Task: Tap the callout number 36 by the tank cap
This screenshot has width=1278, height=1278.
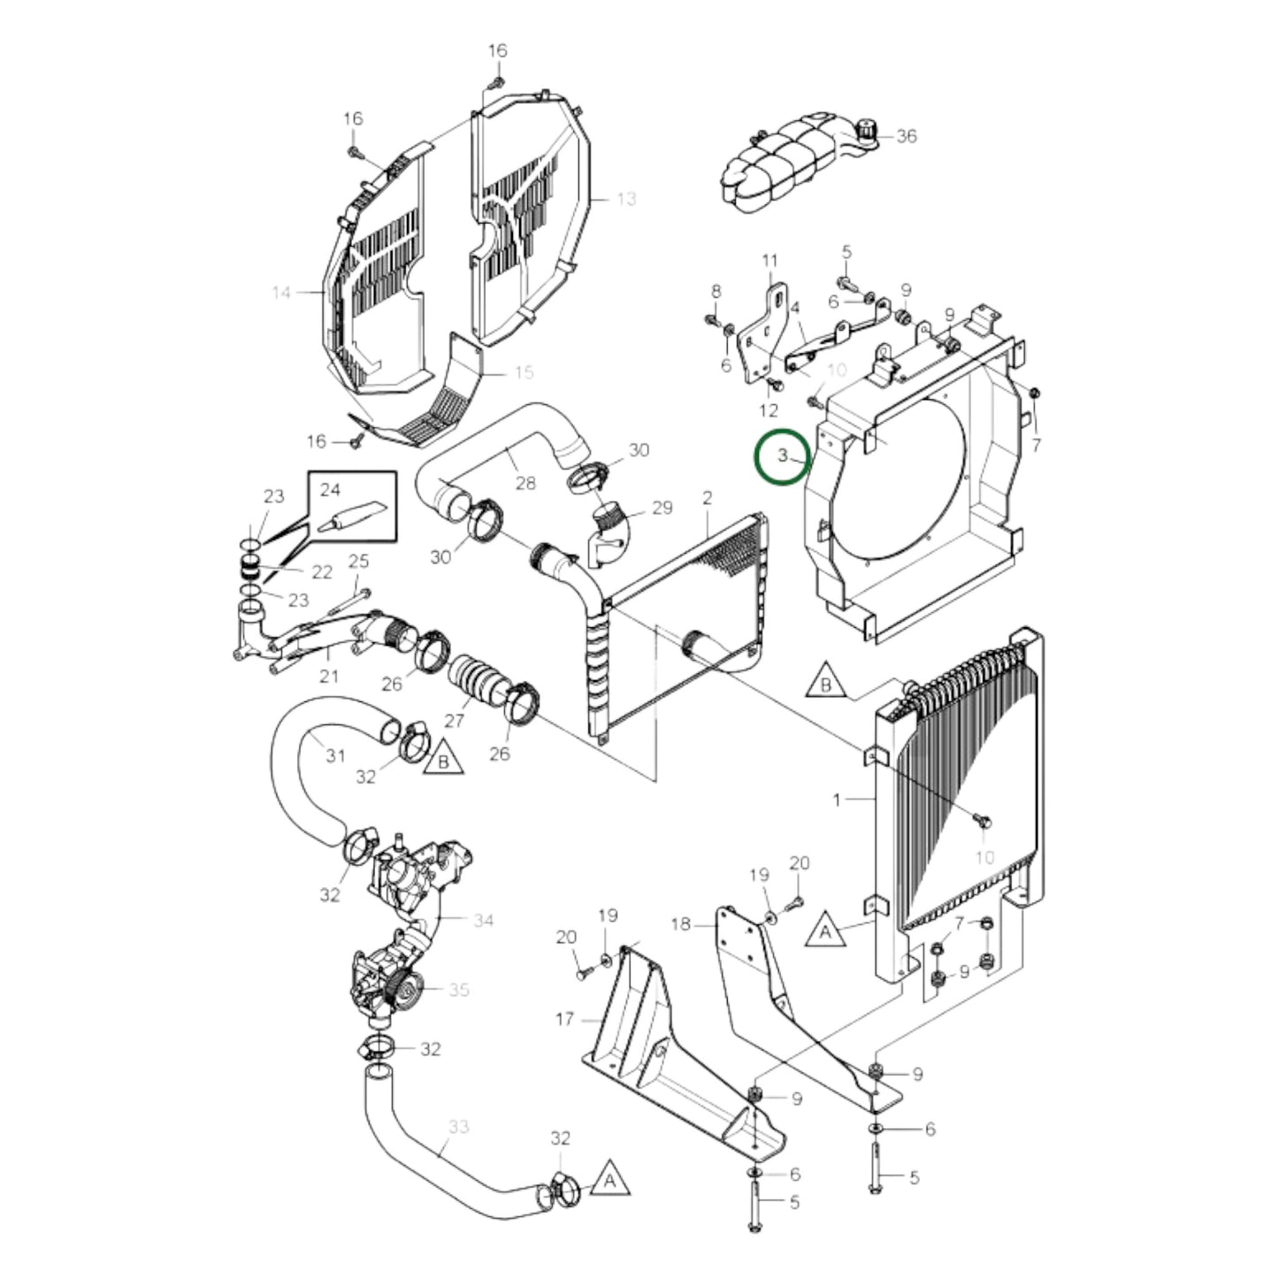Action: click(x=907, y=136)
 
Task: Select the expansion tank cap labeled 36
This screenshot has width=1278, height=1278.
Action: click(x=865, y=131)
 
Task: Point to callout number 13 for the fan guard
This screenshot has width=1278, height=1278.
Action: click(x=625, y=199)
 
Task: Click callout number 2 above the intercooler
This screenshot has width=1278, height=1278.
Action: click(x=708, y=498)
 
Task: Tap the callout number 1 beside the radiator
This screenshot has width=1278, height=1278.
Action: click(x=837, y=800)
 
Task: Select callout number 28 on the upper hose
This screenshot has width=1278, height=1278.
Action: click(x=525, y=483)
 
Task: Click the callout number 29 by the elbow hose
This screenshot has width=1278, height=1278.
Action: click(x=661, y=508)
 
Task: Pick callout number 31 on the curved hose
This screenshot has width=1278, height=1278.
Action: click(x=335, y=756)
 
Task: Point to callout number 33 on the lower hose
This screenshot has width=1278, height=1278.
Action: click(x=458, y=1128)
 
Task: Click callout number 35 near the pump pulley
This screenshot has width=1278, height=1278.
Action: click(x=458, y=990)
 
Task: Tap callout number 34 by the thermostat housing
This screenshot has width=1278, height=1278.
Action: click(x=482, y=921)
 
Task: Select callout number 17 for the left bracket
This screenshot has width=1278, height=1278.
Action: click(x=565, y=1020)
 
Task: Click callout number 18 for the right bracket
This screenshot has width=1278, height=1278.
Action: click(x=680, y=924)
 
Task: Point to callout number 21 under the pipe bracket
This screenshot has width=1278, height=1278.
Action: click(x=328, y=677)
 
